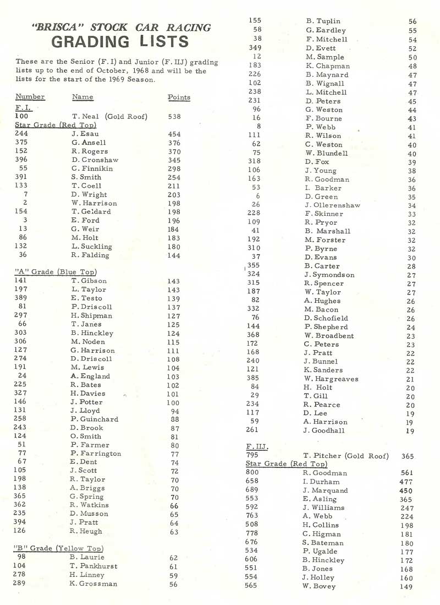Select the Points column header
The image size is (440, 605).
click(179, 97)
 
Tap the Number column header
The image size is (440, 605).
click(30, 97)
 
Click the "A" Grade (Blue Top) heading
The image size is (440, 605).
click(56, 272)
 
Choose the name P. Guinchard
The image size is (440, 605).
click(94, 419)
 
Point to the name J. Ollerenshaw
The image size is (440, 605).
click(333, 205)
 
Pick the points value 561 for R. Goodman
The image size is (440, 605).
click(407, 473)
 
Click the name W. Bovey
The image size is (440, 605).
click(318, 586)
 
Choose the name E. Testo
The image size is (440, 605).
click(86, 298)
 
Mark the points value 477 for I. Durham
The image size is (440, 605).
click(407, 482)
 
